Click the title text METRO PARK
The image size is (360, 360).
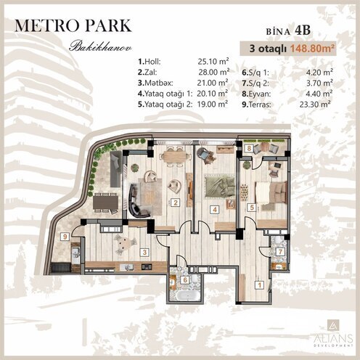coord(72,25)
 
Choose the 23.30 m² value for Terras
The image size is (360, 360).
coord(317,104)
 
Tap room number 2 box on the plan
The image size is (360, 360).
coord(175,203)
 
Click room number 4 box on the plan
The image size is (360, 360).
coord(215,210)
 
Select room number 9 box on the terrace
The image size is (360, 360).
coord(65,235)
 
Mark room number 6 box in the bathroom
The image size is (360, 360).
coord(185,279)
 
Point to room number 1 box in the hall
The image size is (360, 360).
coord(261,285)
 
